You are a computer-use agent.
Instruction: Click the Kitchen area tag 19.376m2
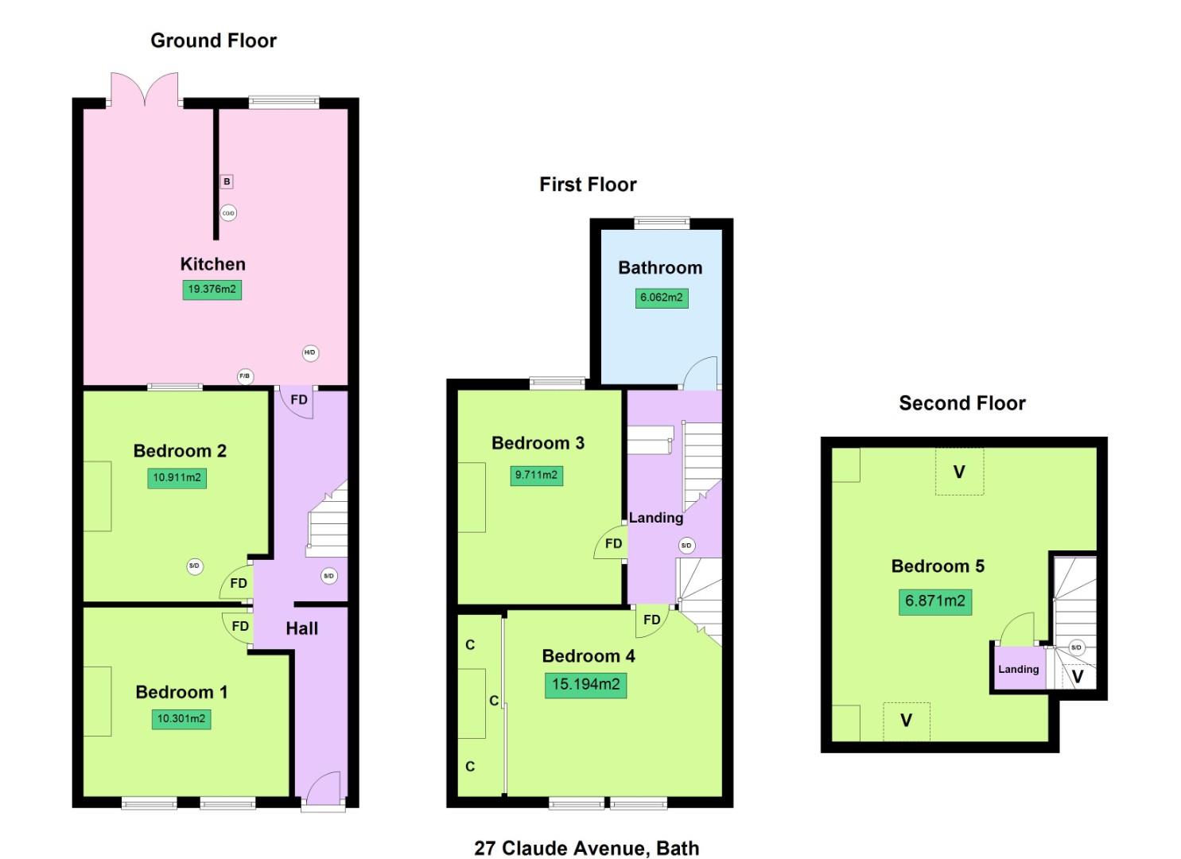(212, 289)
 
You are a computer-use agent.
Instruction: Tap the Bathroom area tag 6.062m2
(661, 297)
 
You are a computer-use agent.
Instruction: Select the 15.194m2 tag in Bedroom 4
(585, 684)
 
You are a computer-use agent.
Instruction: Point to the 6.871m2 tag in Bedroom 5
(934, 601)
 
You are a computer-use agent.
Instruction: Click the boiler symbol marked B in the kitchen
(227, 181)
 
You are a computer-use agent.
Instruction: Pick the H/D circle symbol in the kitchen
(310, 352)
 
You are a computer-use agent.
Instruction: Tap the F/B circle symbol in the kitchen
(245, 376)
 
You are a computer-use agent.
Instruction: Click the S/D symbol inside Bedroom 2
(195, 566)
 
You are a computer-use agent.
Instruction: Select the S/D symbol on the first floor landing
(686, 545)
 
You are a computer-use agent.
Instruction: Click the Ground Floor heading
(213, 41)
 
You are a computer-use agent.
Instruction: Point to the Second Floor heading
(962, 403)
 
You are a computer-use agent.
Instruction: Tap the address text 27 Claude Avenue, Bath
(586, 848)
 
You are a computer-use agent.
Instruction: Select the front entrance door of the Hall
(324, 789)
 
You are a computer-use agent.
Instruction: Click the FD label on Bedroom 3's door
(613, 543)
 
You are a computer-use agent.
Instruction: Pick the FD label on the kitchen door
(299, 399)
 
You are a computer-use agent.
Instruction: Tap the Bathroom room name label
(660, 268)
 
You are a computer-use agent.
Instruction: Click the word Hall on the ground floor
(301, 628)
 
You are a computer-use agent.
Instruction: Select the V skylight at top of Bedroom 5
(959, 472)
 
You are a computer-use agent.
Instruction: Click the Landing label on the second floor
(1018, 669)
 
